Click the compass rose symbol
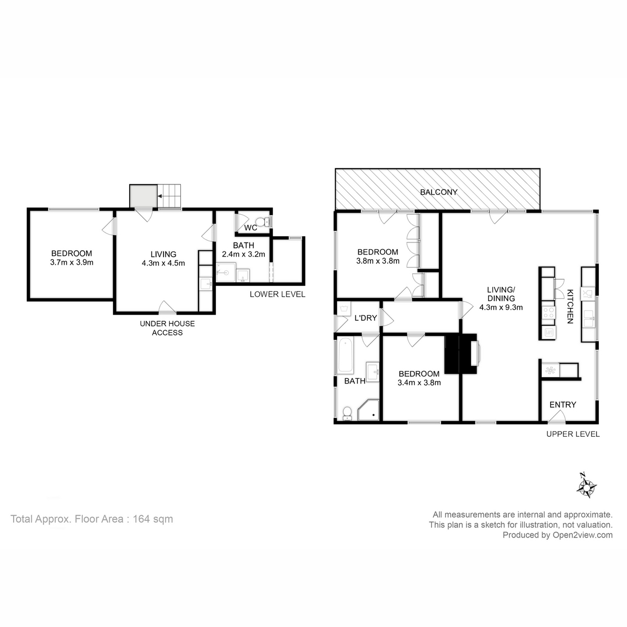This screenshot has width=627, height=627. click(587, 485)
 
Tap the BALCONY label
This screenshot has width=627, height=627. click(439, 192)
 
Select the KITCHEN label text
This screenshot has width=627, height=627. click(571, 306)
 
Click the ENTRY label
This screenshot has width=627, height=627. click(563, 404)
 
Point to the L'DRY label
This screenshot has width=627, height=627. click(365, 318)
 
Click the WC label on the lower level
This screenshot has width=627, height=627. click(250, 228)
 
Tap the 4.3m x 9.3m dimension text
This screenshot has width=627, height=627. click(501, 307)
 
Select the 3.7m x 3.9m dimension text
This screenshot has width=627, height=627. click(72, 262)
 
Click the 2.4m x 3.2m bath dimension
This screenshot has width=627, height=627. click(243, 254)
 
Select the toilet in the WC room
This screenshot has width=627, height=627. click(266, 223)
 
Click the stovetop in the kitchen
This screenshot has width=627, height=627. click(549, 312)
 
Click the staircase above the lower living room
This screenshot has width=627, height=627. click(170, 196)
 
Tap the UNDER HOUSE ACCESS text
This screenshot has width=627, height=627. click(167, 328)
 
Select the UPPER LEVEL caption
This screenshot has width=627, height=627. click(573, 434)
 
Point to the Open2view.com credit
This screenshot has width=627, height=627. click(557, 535)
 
